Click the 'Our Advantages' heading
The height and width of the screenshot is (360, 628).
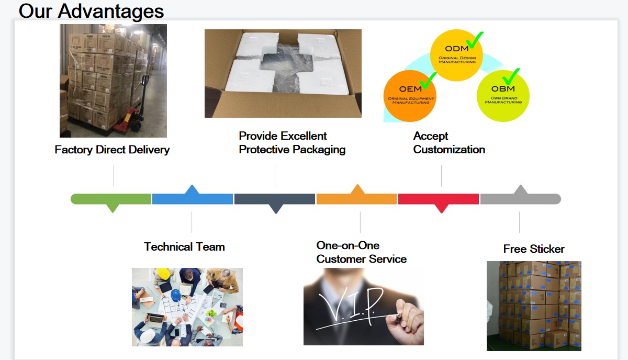click(x=91, y=10)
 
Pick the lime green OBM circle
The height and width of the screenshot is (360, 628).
click(x=503, y=95)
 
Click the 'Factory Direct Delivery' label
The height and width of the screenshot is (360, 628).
click(x=112, y=150)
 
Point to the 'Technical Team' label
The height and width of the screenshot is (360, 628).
click(x=184, y=246)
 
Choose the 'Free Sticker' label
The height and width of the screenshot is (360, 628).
click(x=534, y=249)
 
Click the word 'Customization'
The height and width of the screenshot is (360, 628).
click(x=449, y=150)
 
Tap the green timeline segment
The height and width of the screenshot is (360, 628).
click(x=111, y=199)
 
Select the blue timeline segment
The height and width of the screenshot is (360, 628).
click(x=193, y=198)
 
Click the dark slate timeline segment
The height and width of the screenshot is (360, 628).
click(x=275, y=199)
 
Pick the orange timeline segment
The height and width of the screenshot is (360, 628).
click(x=356, y=198)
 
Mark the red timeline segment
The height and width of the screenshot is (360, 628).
click(x=439, y=199)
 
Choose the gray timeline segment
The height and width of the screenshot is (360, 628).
click(x=520, y=198)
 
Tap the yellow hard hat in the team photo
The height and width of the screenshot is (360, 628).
click(x=163, y=274)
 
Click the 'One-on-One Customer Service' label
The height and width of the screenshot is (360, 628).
click(x=361, y=252)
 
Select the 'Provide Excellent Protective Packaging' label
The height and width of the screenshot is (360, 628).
click(x=292, y=143)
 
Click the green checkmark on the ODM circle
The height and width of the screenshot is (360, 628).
click(x=475, y=39)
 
